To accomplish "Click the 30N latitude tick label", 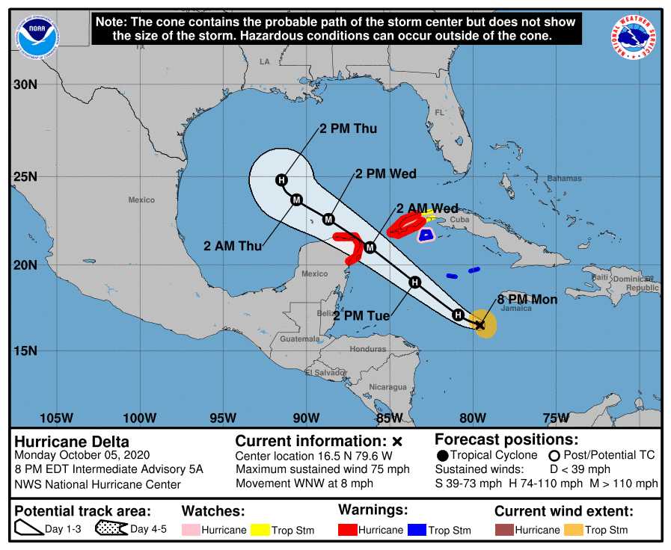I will (x=25, y=84).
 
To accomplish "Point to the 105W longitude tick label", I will (x=57, y=417).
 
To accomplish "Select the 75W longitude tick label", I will (x=556, y=417).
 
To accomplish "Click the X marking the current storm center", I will (x=479, y=324).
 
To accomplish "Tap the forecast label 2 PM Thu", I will (x=348, y=129).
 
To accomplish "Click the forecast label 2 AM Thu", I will (x=233, y=245).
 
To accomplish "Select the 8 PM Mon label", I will (x=527, y=299).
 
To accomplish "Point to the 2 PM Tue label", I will (x=361, y=316).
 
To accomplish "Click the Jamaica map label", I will (x=512, y=309).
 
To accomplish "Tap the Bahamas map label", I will (x=564, y=179).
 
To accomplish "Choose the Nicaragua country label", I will (x=387, y=386).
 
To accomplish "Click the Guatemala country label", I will (x=299, y=339).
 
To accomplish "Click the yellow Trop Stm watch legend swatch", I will (x=260, y=530).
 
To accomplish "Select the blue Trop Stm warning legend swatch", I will (x=417, y=530).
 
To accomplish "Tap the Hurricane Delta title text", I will (x=72, y=442).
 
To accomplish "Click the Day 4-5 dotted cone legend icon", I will (x=111, y=530).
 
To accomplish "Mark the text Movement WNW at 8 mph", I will (x=304, y=483).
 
